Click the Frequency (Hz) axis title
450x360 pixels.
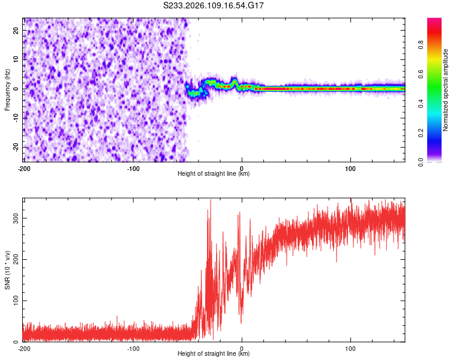[8, 89]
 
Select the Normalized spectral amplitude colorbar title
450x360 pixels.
[446, 90]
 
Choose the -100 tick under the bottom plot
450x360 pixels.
[133, 349]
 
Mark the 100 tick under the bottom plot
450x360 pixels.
[350, 349]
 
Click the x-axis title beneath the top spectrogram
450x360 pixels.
[214, 174]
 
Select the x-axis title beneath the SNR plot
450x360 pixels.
[214, 354]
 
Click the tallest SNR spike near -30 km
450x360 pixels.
[210, 201]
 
